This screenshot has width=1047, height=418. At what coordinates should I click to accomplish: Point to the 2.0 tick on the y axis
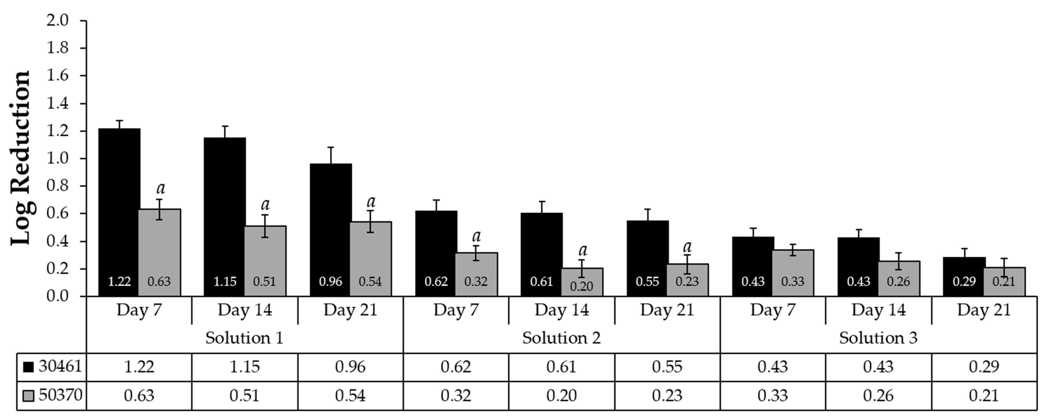click(57, 20)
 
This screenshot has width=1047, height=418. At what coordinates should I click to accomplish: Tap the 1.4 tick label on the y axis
click(57, 103)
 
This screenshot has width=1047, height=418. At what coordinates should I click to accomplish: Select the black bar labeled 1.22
click(119, 211)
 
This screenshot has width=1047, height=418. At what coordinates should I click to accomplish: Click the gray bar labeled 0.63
click(159, 252)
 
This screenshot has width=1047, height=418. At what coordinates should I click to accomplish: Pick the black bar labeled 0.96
click(330, 230)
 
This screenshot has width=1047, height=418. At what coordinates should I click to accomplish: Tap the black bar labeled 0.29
click(964, 276)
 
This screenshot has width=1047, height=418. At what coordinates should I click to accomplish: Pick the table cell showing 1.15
click(244, 367)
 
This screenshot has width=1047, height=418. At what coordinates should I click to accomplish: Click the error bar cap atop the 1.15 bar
click(225, 126)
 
